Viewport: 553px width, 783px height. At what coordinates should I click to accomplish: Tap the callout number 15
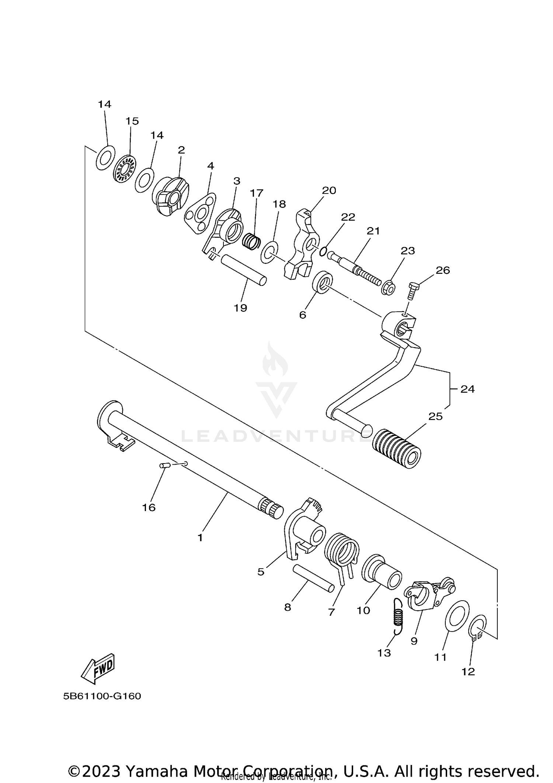[132, 121]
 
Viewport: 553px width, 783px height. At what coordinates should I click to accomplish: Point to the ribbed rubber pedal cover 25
[396, 448]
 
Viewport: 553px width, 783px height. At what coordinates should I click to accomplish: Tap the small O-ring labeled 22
[323, 252]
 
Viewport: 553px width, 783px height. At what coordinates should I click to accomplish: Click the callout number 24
[467, 389]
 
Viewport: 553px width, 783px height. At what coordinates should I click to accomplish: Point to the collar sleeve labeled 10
[382, 576]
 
